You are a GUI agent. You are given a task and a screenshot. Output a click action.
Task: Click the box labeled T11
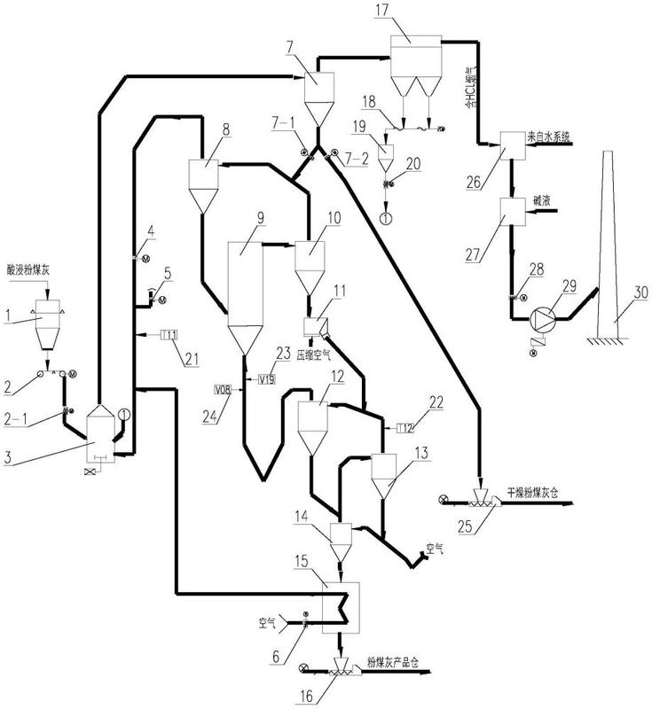[169, 334]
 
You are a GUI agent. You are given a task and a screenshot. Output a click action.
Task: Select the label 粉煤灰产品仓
[398, 661]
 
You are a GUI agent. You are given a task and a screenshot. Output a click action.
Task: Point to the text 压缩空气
[318, 353]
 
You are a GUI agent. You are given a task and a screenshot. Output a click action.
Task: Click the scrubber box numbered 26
[512, 144]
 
